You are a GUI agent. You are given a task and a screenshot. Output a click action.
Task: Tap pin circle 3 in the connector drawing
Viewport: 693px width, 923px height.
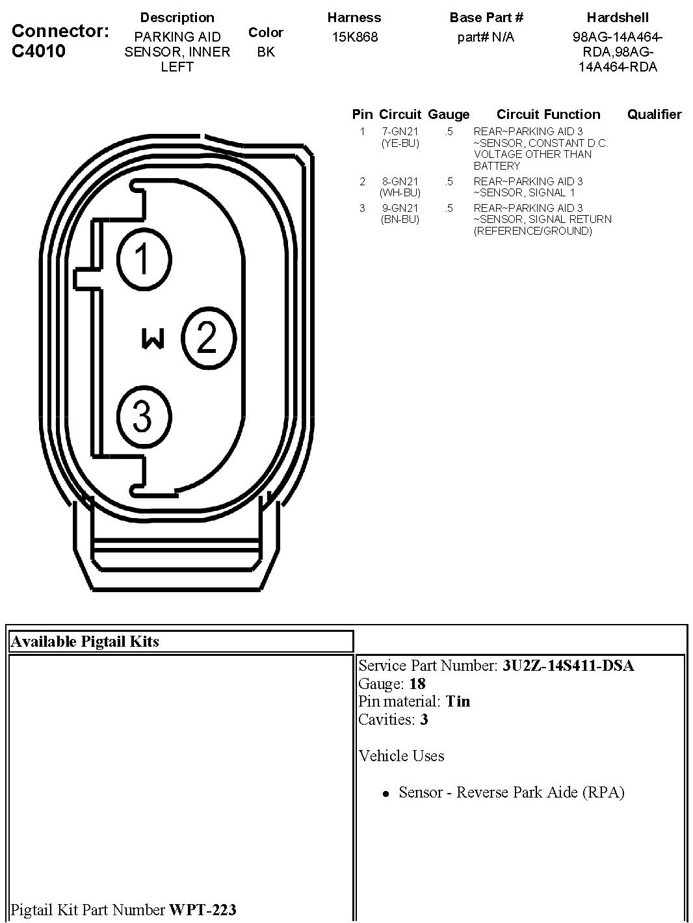[x=144, y=416]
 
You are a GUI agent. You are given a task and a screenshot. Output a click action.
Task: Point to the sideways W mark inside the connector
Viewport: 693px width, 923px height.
[x=153, y=339]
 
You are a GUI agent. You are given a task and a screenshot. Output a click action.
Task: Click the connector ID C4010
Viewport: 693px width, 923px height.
[x=39, y=51]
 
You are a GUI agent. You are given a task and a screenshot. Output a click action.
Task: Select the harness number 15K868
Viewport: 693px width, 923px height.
[x=354, y=37]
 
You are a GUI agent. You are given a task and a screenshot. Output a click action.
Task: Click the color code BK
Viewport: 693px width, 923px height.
[x=266, y=52]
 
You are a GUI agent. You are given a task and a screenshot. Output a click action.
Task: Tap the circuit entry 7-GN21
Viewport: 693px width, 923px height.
[x=400, y=131]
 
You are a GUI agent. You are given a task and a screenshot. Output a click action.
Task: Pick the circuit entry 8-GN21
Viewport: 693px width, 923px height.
[x=400, y=181]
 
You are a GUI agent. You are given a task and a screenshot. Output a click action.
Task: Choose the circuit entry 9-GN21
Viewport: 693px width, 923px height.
[x=400, y=208]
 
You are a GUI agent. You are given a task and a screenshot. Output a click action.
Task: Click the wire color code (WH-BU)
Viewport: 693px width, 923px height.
[x=400, y=192]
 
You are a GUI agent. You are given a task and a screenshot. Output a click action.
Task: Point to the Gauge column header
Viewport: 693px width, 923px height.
[x=449, y=114]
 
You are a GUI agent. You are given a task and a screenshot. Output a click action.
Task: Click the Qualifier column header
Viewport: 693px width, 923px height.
[x=654, y=114]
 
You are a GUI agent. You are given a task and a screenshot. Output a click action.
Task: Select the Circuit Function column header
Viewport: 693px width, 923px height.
[x=548, y=114]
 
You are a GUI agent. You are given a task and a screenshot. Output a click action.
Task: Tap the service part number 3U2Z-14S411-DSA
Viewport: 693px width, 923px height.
[x=568, y=666]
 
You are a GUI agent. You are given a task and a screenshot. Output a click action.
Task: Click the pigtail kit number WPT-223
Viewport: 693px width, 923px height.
[x=203, y=909]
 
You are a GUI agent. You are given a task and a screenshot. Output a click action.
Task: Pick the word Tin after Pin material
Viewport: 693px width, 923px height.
[x=458, y=701]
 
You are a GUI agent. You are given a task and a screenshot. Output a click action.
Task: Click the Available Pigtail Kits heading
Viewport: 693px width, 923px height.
[x=85, y=642]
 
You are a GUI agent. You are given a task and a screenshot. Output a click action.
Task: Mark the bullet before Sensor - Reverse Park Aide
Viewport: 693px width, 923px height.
[x=386, y=794]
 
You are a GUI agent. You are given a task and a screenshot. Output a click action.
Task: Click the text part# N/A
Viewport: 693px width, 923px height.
[x=486, y=37]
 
